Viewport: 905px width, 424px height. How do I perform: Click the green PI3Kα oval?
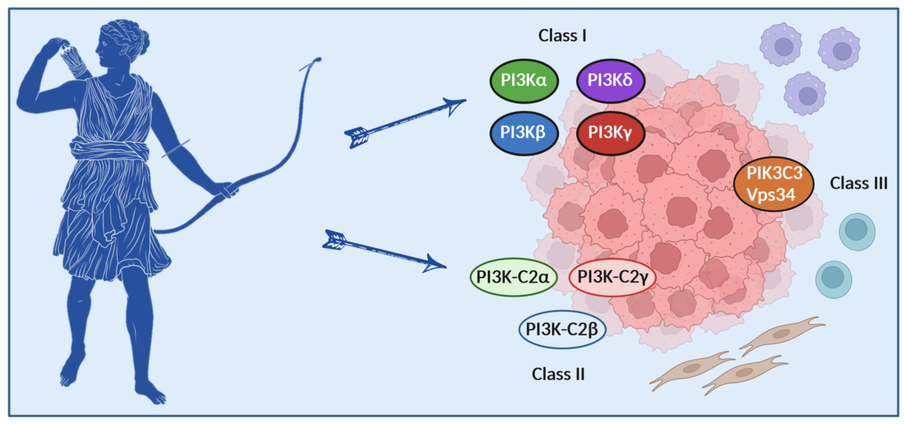[x=524, y=80]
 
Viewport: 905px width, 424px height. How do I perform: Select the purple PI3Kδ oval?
[x=611, y=80]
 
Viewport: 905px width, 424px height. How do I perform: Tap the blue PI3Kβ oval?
[x=524, y=132]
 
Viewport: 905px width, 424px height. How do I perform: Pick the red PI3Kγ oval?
[x=611, y=132]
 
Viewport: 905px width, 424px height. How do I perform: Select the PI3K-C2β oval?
[x=563, y=330]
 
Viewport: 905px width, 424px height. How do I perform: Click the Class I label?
[x=563, y=35]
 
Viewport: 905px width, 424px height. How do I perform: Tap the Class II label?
[x=558, y=374]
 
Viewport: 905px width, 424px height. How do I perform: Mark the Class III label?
[x=858, y=183]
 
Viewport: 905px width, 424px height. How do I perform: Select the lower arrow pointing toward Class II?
[x=385, y=251]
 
